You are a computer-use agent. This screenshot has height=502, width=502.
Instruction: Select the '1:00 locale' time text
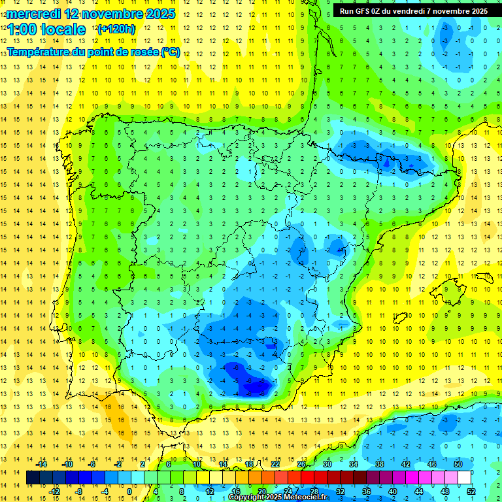click(x=46, y=29)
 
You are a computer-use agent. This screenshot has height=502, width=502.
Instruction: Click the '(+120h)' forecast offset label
click(x=116, y=29)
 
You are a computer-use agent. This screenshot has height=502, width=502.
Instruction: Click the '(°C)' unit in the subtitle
click(x=171, y=52)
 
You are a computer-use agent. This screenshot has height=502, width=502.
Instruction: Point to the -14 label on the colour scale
click(x=41, y=464)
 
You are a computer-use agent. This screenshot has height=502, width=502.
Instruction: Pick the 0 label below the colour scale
click(x=129, y=491)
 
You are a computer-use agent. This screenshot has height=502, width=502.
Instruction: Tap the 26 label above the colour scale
click(x=301, y=464)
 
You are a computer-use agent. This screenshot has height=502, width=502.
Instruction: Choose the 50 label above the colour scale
click(x=458, y=464)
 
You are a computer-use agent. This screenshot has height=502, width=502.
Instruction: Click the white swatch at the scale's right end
click(x=465, y=478)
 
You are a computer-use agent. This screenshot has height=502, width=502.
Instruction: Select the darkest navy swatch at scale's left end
click(x=33, y=478)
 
